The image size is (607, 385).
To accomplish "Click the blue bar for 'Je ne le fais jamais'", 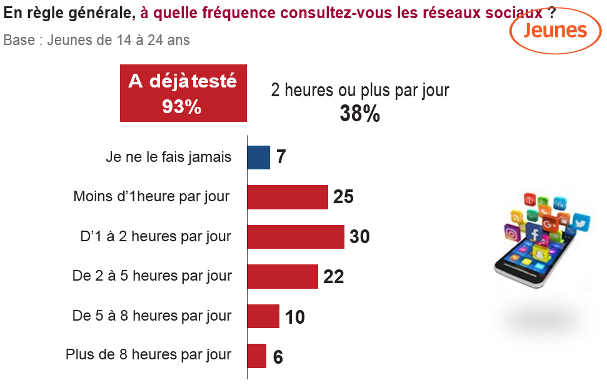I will [258, 157].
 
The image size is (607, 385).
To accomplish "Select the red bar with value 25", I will [288, 197].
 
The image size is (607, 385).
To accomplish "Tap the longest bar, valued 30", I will [296, 237].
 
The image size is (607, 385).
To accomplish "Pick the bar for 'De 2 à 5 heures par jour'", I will [283, 276].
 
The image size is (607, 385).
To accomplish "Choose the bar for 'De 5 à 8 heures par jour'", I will [263, 316].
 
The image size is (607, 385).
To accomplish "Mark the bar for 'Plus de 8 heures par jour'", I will [257, 356].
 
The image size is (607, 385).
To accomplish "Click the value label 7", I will [281, 157].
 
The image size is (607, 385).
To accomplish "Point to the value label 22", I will [334, 277].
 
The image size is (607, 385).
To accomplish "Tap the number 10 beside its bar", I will [294, 317].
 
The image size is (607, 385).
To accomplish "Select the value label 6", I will [278, 357].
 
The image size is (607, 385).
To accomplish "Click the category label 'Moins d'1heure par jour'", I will [152, 197].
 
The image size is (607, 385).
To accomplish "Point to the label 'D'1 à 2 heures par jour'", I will [156, 237].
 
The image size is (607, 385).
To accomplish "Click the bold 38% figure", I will [359, 114].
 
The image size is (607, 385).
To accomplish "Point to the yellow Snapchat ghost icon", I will [538, 254].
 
